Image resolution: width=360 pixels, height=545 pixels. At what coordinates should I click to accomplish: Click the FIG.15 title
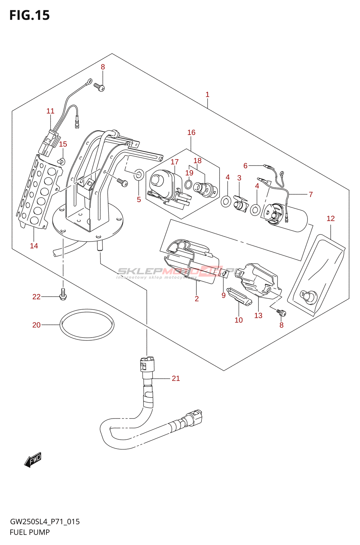[30, 15]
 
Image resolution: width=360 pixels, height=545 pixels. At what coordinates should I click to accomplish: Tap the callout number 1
[207, 95]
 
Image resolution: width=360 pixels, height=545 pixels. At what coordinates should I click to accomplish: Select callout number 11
[50, 111]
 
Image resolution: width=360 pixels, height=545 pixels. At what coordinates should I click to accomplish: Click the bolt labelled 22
[63, 293]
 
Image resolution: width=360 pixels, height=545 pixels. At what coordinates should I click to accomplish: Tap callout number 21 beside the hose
[176, 378]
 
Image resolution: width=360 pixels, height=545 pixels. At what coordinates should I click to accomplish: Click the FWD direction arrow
[33, 460]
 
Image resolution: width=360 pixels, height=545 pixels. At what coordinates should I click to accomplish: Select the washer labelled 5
[139, 175]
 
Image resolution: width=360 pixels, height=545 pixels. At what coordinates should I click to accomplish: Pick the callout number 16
[191, 133]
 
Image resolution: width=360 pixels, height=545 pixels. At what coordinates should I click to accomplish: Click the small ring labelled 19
[189, 185]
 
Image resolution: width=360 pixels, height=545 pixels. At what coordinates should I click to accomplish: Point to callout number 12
[331, 219]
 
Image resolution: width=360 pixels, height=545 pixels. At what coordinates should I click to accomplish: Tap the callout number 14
[34, 246]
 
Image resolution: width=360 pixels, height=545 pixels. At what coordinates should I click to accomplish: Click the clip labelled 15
[62, 161]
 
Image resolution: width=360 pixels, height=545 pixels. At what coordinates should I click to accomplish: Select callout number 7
[311, 194]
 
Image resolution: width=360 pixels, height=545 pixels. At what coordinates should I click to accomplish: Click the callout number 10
[239, 320]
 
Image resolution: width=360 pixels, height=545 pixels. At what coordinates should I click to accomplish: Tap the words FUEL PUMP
[30, 532]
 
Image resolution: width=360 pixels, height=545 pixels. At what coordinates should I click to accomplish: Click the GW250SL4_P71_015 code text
[45, 521]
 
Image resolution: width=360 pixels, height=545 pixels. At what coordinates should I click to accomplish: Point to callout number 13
[258, 316]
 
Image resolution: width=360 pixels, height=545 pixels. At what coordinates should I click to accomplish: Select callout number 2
[197, 299]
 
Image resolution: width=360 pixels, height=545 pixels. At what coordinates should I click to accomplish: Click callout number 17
[175, 162]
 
